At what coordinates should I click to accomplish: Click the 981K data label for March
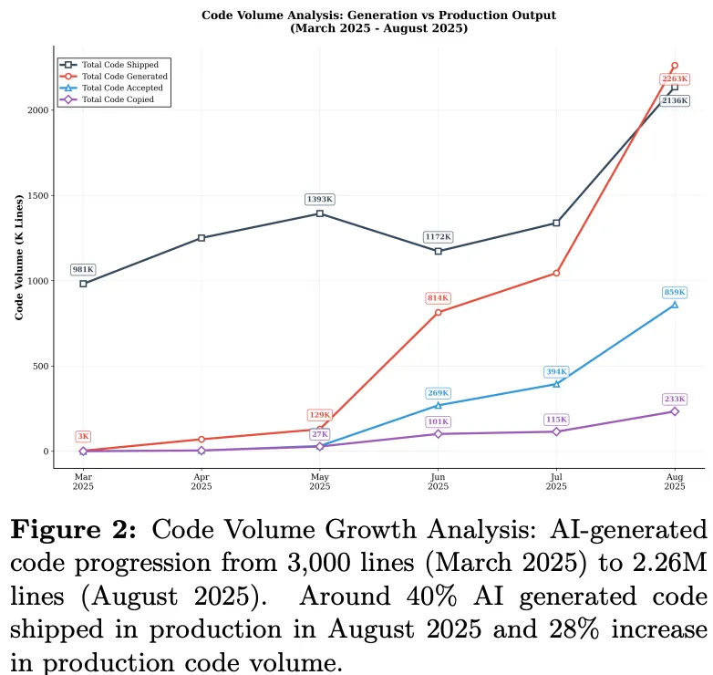point(83,270)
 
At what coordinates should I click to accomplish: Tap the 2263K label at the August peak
point(675,80)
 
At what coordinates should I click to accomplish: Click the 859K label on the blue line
point(675,292)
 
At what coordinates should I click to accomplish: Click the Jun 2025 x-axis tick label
point(438,482)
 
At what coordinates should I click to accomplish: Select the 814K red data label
point(439,298)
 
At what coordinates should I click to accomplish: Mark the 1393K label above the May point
point(320,200)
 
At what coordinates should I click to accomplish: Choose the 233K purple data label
point(675,399)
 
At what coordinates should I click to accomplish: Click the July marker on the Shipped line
point(556,223)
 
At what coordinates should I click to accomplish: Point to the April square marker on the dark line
point(201,238)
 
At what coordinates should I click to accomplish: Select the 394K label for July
point(556,371)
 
